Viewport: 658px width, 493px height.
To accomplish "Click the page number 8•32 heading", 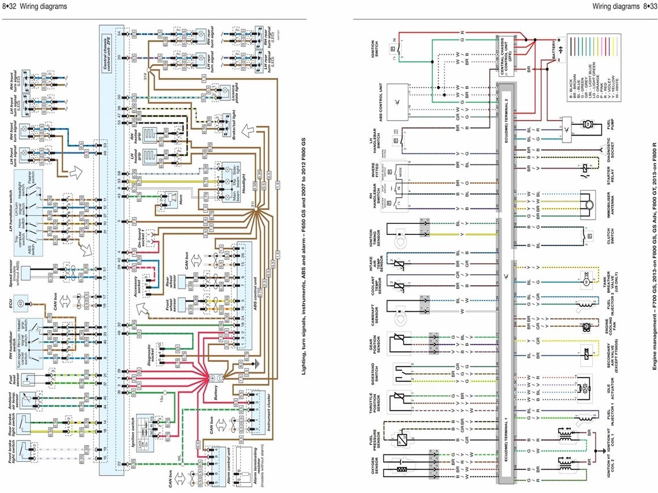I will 35,6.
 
